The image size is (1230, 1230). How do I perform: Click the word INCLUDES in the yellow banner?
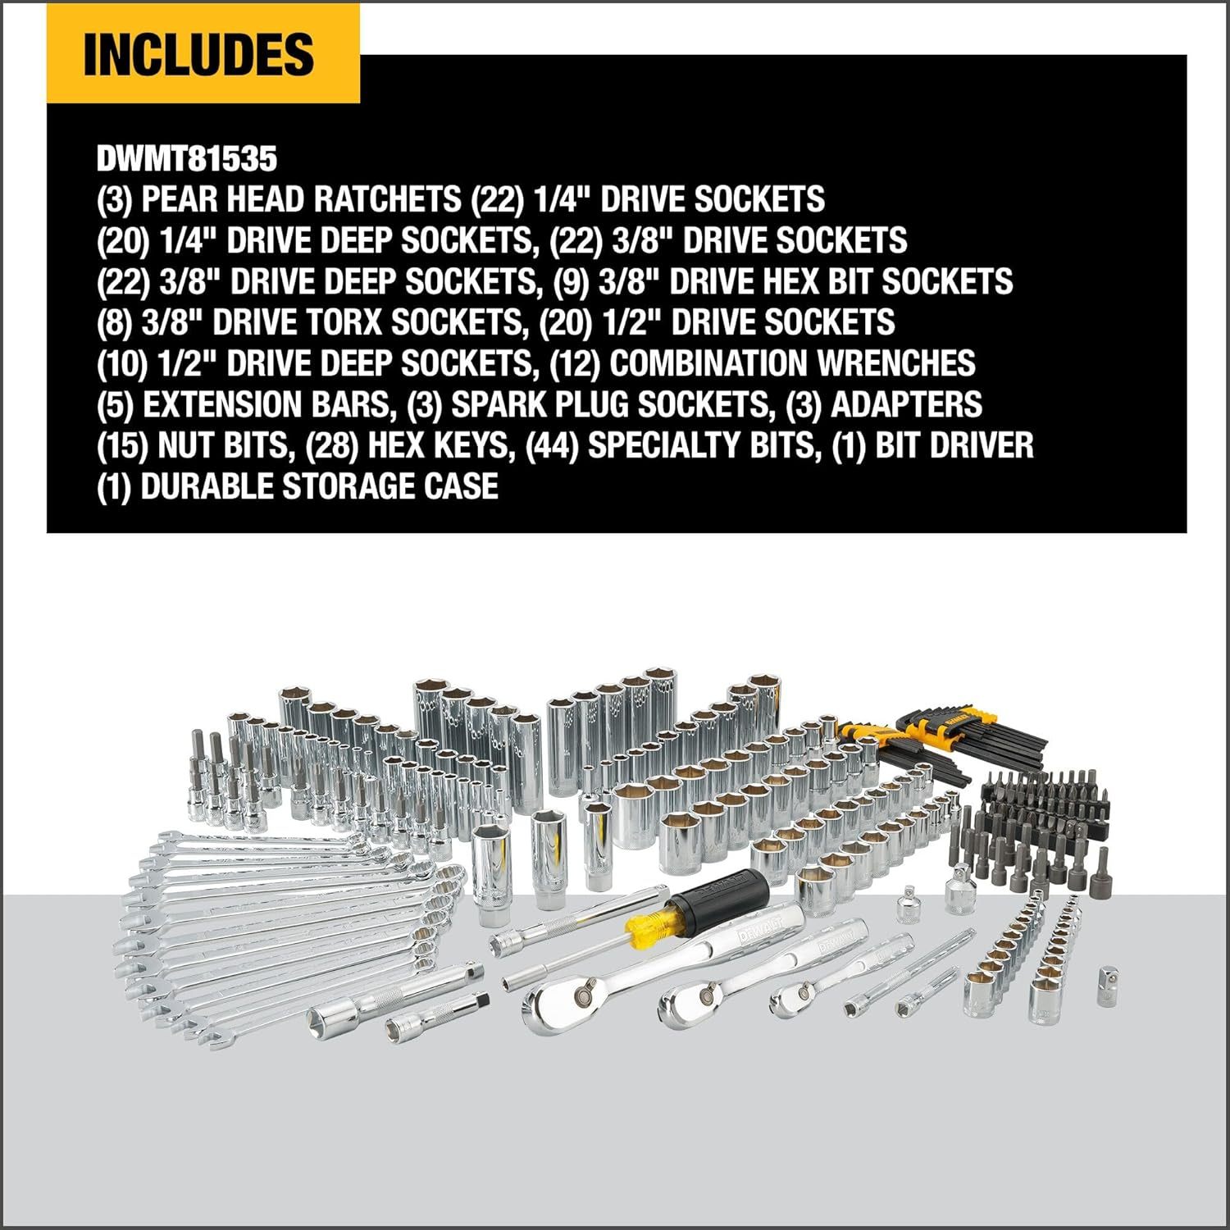[x=199, y=54]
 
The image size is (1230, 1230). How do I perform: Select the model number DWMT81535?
[x=187, y=159]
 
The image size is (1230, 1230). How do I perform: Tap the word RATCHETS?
[x=379, y=199]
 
